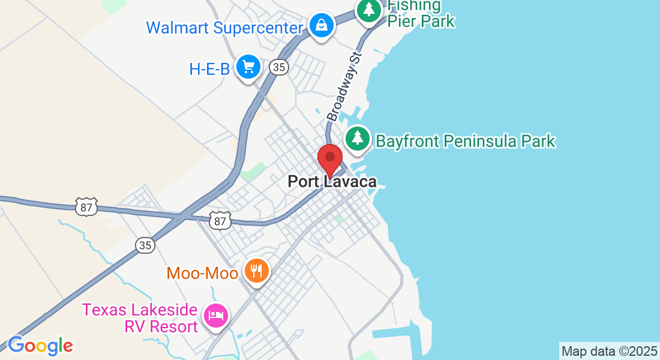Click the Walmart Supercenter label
pyautogui.click(x=225, y=28)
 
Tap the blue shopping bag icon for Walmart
pyautogui.click(x=322, y=25)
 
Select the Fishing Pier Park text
pyautogui.click(x=421, y=14)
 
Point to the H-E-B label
pyautogui.click(x=209, y=69)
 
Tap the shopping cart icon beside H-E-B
pyautogui.click(x=248, y=66)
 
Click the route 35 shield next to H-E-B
pyautogui.click(x=278, y=67)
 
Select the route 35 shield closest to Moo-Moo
pyautogui.click(x=145, y=245)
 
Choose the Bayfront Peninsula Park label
pyautogui.click(x=466, y=141)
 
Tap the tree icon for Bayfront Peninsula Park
pyautogui.click(x=358, y=138)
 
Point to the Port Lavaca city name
pyautogui.click(x=332, y=181)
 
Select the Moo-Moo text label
pyautogui.click(x=202, y=273)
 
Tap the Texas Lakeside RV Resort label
pyautogui.click(x=140, y=318)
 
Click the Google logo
pyautogui.click(x=40, y=346)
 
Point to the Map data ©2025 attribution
pyautogui.click(x=609, y=351)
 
